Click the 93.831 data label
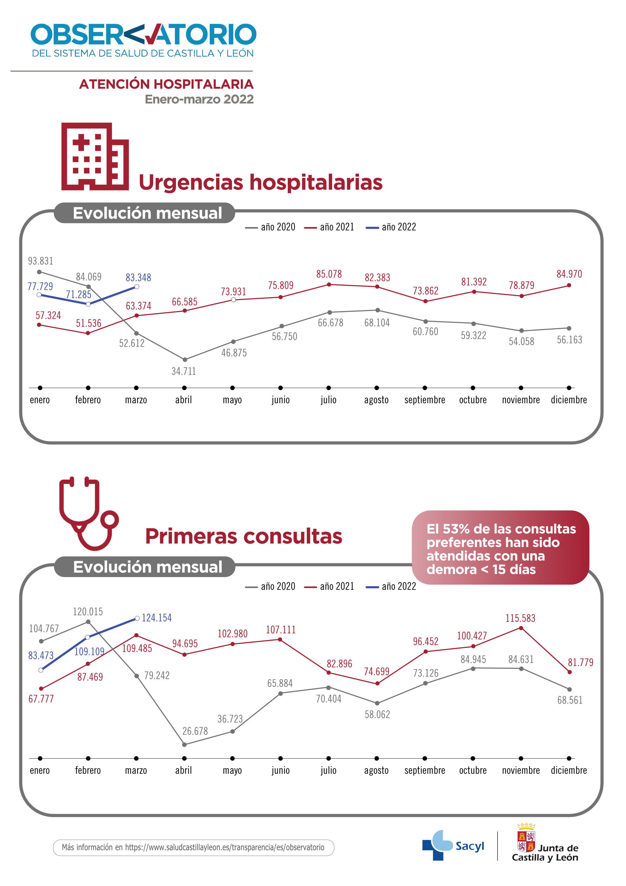coord(40,261)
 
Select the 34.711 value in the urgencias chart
coord(184,371)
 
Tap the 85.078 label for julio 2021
coord(329,274)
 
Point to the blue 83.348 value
coord(139,278)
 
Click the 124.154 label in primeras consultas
coord(156,618)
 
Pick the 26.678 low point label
coord(195,731)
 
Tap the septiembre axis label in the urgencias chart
coord(425,400)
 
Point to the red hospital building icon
coord(95,157)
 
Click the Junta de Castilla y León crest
coord(526,838)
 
